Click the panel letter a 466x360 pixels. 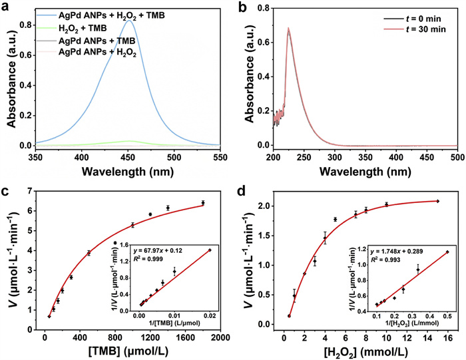point(7,6)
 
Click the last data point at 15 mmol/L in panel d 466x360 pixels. point(437,201)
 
